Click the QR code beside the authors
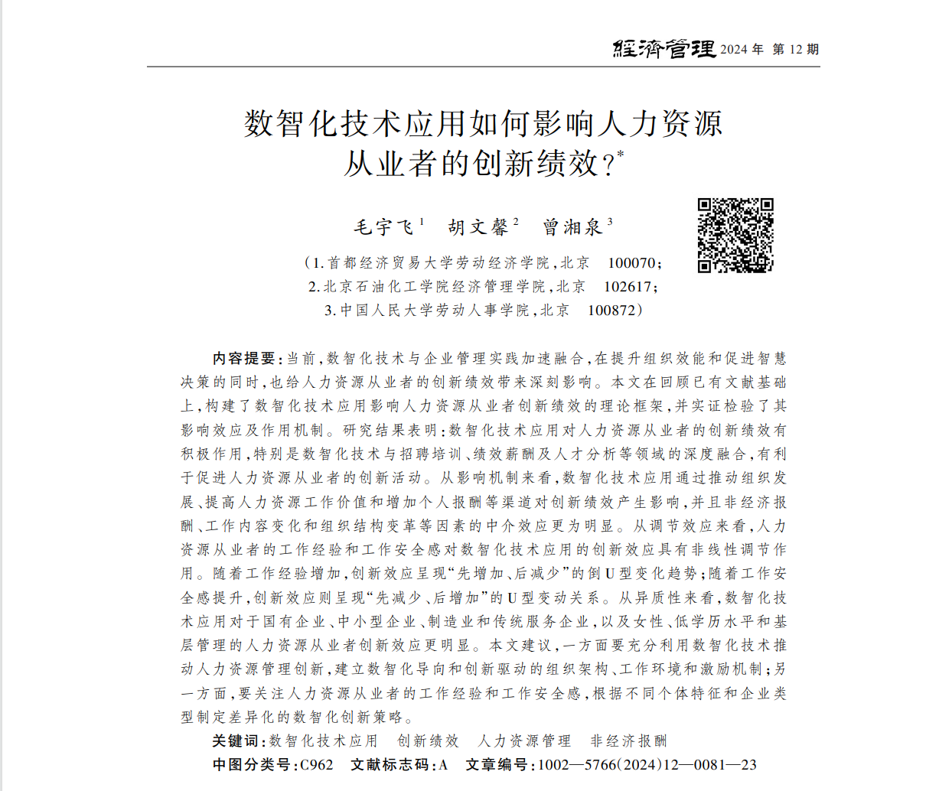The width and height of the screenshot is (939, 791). coord(735,236)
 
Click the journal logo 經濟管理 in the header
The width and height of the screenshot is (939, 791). coord(663,49)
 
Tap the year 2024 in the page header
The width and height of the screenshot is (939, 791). coord(733,50)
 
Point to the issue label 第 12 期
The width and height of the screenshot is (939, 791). coord(796,50)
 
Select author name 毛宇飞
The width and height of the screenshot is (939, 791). coord(384,227)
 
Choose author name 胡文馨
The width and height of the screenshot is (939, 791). coord(478,227)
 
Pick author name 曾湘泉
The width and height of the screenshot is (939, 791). coord(572,227)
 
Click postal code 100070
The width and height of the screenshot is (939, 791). coord(631,263)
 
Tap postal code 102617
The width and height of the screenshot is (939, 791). coord(628,287)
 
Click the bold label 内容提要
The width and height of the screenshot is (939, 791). coord(243,359)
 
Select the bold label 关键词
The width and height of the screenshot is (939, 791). coord(237,741)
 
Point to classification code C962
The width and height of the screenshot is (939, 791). coord(317,765)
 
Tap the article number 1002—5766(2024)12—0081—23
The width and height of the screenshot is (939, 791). coord(647,765)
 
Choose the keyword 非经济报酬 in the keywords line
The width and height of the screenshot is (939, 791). coord(628,741)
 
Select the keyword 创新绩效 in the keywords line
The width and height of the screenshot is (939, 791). coord(428,741)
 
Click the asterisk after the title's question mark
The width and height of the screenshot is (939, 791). coord(621,155)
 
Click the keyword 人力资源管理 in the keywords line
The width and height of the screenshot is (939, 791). coord(524,741)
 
